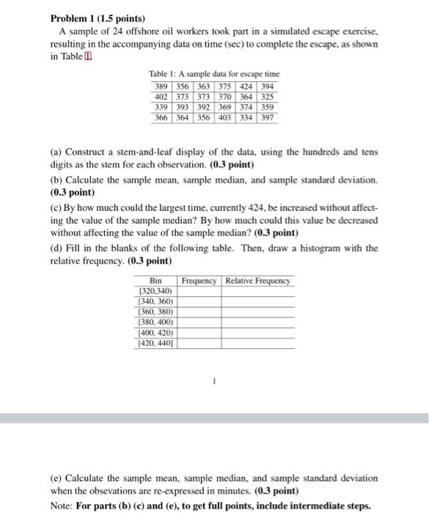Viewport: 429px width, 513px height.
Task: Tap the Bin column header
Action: pos(155,281)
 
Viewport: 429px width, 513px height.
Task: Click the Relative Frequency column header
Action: pos(258,281)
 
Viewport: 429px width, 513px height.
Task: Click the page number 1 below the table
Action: pos(215,381)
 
